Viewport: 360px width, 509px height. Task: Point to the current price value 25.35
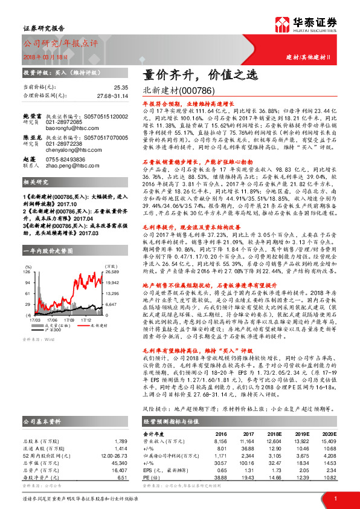click(121, 88)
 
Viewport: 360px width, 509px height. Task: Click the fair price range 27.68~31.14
click(113, 96)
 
